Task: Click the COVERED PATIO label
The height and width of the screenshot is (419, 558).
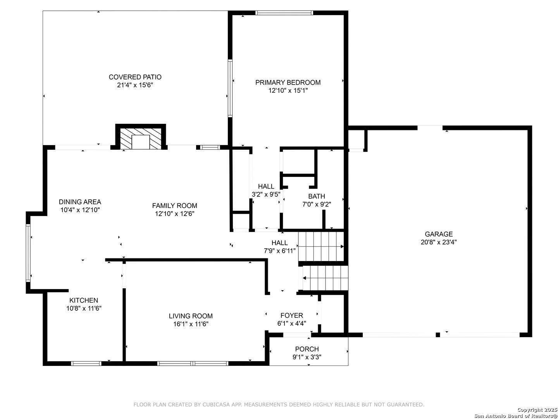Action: pos(135,77)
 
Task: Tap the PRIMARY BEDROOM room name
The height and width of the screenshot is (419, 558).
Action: pos(288,82)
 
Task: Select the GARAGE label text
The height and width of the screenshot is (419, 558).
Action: pos(439,234)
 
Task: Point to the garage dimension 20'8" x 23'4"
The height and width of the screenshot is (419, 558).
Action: pos(439,242)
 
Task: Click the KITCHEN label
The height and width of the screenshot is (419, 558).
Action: pos(84,300)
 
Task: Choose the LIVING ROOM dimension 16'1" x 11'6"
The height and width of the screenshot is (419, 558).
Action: pos(191,324)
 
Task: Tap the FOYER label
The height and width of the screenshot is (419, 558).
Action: pos(291,315)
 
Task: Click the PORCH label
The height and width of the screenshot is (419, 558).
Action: pos(307,349)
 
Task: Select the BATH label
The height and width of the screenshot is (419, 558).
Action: pos(317,196)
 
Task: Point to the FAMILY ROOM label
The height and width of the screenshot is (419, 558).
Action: pos(175,206)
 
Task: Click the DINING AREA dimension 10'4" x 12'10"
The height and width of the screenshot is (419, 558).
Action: pos(80,210)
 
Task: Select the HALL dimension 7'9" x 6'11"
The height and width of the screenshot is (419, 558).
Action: pos(280,251)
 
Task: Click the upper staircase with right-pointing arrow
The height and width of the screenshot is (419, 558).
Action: pos(321,246)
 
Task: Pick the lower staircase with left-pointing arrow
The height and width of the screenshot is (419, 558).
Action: pos(325,278)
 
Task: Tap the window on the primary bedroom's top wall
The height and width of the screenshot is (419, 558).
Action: pos(284,13)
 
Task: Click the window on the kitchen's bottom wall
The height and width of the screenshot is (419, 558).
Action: pos(86,364)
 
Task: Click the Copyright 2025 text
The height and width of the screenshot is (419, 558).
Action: pos(537,410)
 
